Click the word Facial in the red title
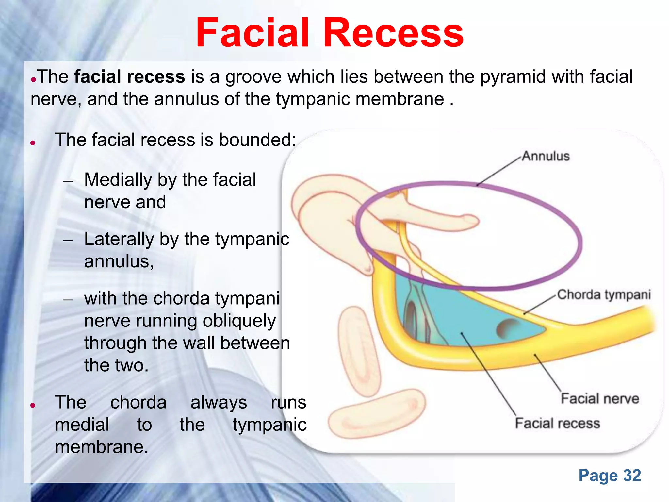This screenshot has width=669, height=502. pos(252,33)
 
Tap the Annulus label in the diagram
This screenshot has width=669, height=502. pos(546,156)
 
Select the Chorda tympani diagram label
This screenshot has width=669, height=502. pos(604,294)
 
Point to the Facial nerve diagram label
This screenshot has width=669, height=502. pos(600,399)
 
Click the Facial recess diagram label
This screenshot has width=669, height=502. pos(557,423)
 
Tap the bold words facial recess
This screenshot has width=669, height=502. pos(129,77)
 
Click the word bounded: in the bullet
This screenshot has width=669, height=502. pos(257,140)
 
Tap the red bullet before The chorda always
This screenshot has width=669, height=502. pos(33,406)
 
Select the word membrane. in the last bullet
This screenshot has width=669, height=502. pos(102,447)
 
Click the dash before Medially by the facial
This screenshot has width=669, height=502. pos(68,181)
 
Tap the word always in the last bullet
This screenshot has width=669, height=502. pos(219,402)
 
